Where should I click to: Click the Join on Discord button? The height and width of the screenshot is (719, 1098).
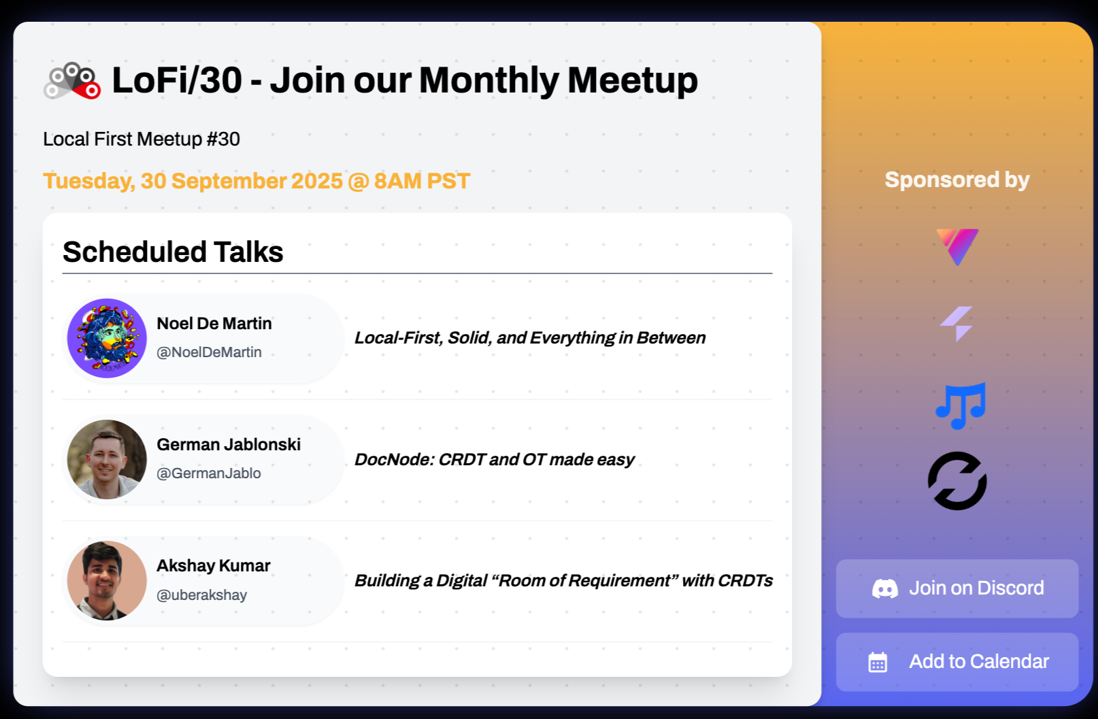956,588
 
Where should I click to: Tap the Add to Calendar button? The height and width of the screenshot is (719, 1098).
956,662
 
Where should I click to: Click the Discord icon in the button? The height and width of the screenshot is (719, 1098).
885,588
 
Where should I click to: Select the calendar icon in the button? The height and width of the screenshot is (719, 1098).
878,662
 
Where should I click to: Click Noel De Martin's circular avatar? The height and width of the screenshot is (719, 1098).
107,338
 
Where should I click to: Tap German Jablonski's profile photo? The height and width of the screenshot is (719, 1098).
107,459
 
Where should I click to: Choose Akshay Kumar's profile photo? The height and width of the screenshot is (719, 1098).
107,580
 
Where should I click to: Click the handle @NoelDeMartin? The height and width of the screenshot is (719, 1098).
209,352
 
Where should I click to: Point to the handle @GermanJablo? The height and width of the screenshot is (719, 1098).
209,473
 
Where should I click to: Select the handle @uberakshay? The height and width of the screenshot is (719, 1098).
201,595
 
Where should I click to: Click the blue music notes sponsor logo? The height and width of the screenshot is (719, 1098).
961,406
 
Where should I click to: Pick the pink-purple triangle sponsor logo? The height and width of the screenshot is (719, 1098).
957,247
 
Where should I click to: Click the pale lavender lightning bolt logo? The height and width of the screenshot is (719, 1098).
956,324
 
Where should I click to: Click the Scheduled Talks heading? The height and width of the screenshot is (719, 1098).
173,252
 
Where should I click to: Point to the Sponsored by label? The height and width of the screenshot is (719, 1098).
956,180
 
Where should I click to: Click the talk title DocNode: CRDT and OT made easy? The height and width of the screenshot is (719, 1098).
494,460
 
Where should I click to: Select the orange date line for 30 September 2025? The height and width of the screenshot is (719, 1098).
256,181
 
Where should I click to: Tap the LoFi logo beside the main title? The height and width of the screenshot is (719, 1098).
72,81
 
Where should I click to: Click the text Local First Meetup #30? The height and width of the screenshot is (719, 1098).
142,139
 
